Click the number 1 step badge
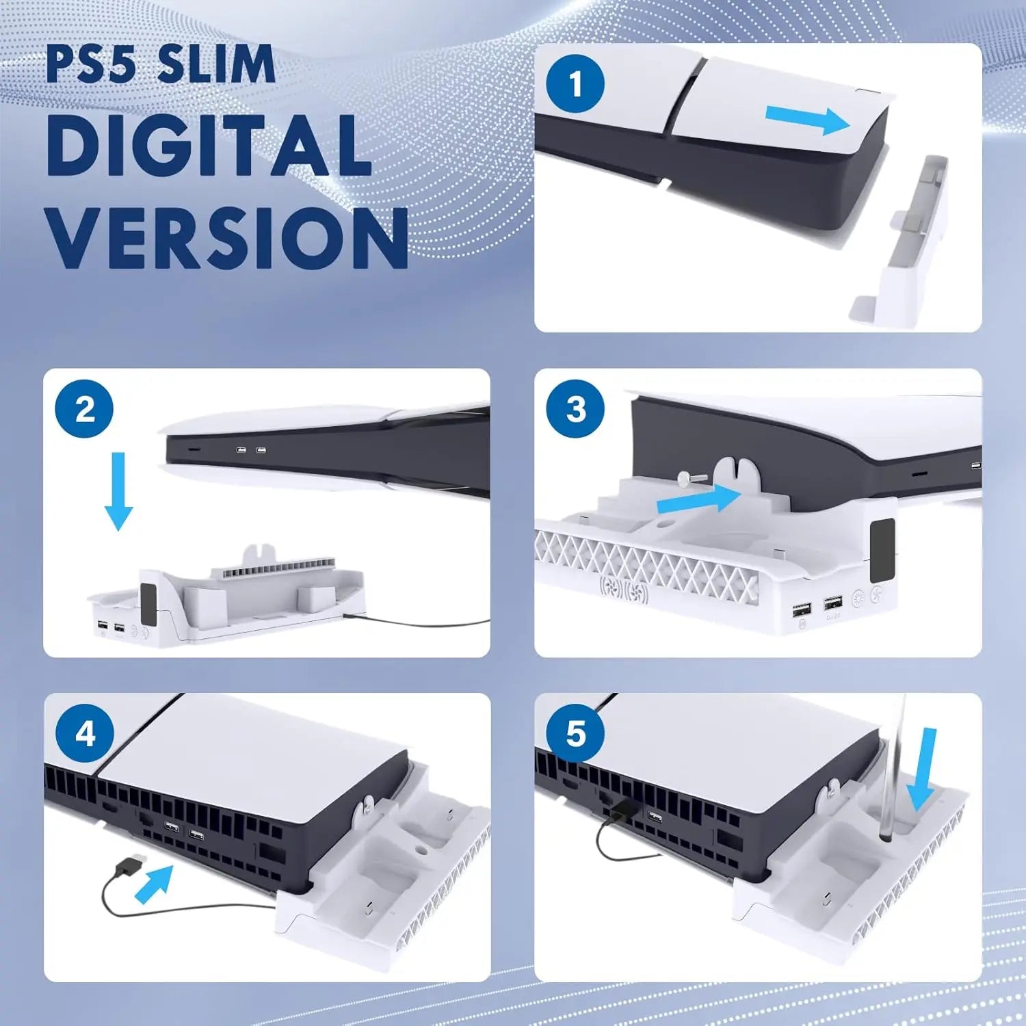575,84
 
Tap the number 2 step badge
85,409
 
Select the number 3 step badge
575,409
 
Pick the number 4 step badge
85,734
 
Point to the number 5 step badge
575,734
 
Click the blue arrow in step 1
807,120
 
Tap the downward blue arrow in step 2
119,490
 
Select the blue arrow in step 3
698,499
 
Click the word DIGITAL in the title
209,145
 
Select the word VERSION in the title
228,237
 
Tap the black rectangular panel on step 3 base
882,547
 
